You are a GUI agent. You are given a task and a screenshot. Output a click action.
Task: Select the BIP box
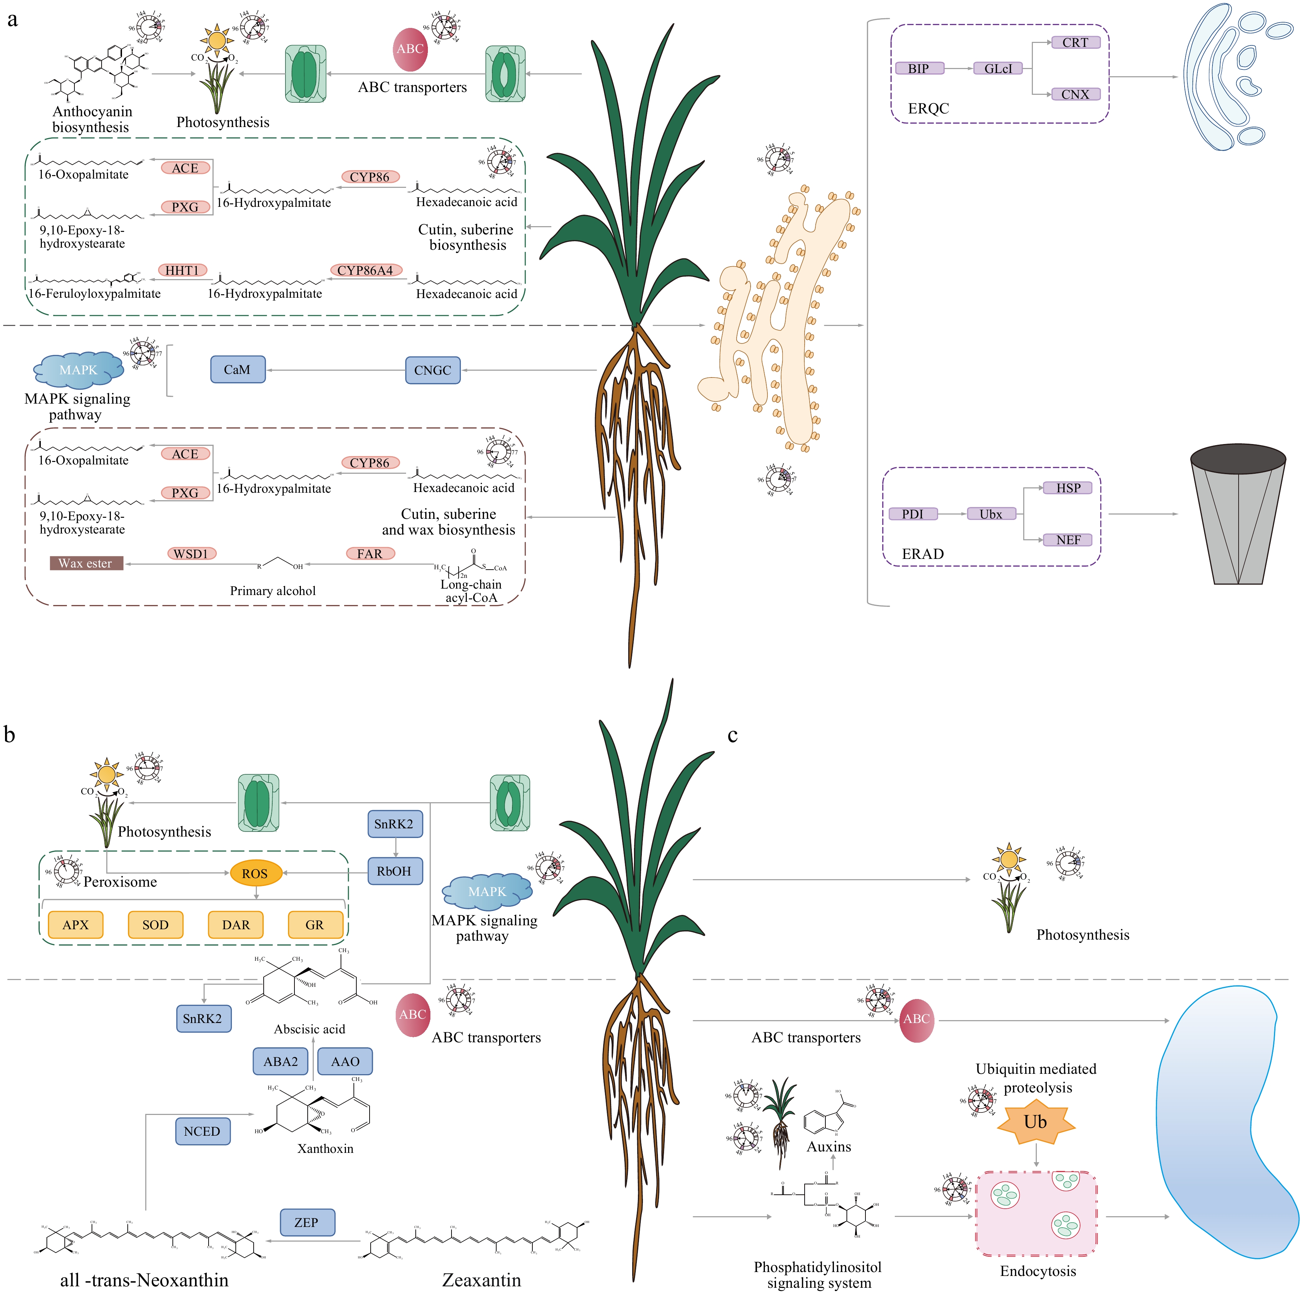(918, 68)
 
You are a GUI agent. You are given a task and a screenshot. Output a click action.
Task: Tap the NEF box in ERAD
(1068, 540)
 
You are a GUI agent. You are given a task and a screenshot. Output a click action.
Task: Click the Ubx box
(991, 514)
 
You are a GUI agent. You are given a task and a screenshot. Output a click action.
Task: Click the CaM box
(238, 370)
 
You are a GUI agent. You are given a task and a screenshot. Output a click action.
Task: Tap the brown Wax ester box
(86, 563)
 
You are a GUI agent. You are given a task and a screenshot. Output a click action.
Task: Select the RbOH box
(395, 871)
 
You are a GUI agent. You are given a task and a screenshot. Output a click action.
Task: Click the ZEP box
(307, 1222)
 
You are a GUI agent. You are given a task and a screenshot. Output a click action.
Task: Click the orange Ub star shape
(1035, 1122)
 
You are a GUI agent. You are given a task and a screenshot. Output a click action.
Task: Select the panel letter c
(732, 735)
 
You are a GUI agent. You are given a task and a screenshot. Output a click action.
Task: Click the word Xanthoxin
(325, 1148)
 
